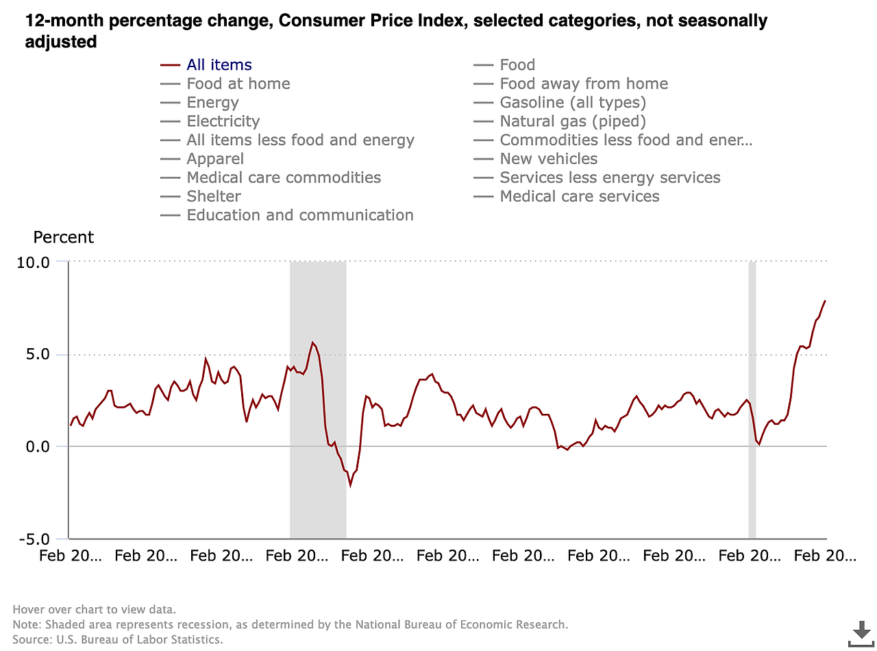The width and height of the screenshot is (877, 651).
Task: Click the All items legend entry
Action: [x=219, y=65]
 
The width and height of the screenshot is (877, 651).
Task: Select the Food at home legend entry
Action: [x=238, y=84]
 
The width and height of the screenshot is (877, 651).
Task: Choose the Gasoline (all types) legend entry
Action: [x=573, y=103]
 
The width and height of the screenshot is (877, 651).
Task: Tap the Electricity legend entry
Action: [x=223, y=121]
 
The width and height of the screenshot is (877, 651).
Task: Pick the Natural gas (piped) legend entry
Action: [x=573, y=121]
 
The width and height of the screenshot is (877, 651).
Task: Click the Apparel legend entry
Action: [x=215, y=159]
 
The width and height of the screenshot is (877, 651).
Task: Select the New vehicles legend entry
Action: [x=548, y=159]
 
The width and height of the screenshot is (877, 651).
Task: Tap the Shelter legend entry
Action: [x=214, y=197]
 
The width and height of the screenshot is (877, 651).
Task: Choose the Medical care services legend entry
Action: [x=579, y=197]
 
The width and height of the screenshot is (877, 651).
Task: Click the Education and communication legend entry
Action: [x=299, y=215]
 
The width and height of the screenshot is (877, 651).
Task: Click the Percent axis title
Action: [x=64, y=238]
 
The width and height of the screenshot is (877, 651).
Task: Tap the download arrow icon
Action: [x=860, y=632]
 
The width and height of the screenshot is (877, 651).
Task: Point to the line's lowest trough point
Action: [x=350, y=486]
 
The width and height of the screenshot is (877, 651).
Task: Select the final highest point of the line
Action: [x=826, y=300]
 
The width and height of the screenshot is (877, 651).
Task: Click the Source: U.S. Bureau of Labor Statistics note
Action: [x=118, y=639]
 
